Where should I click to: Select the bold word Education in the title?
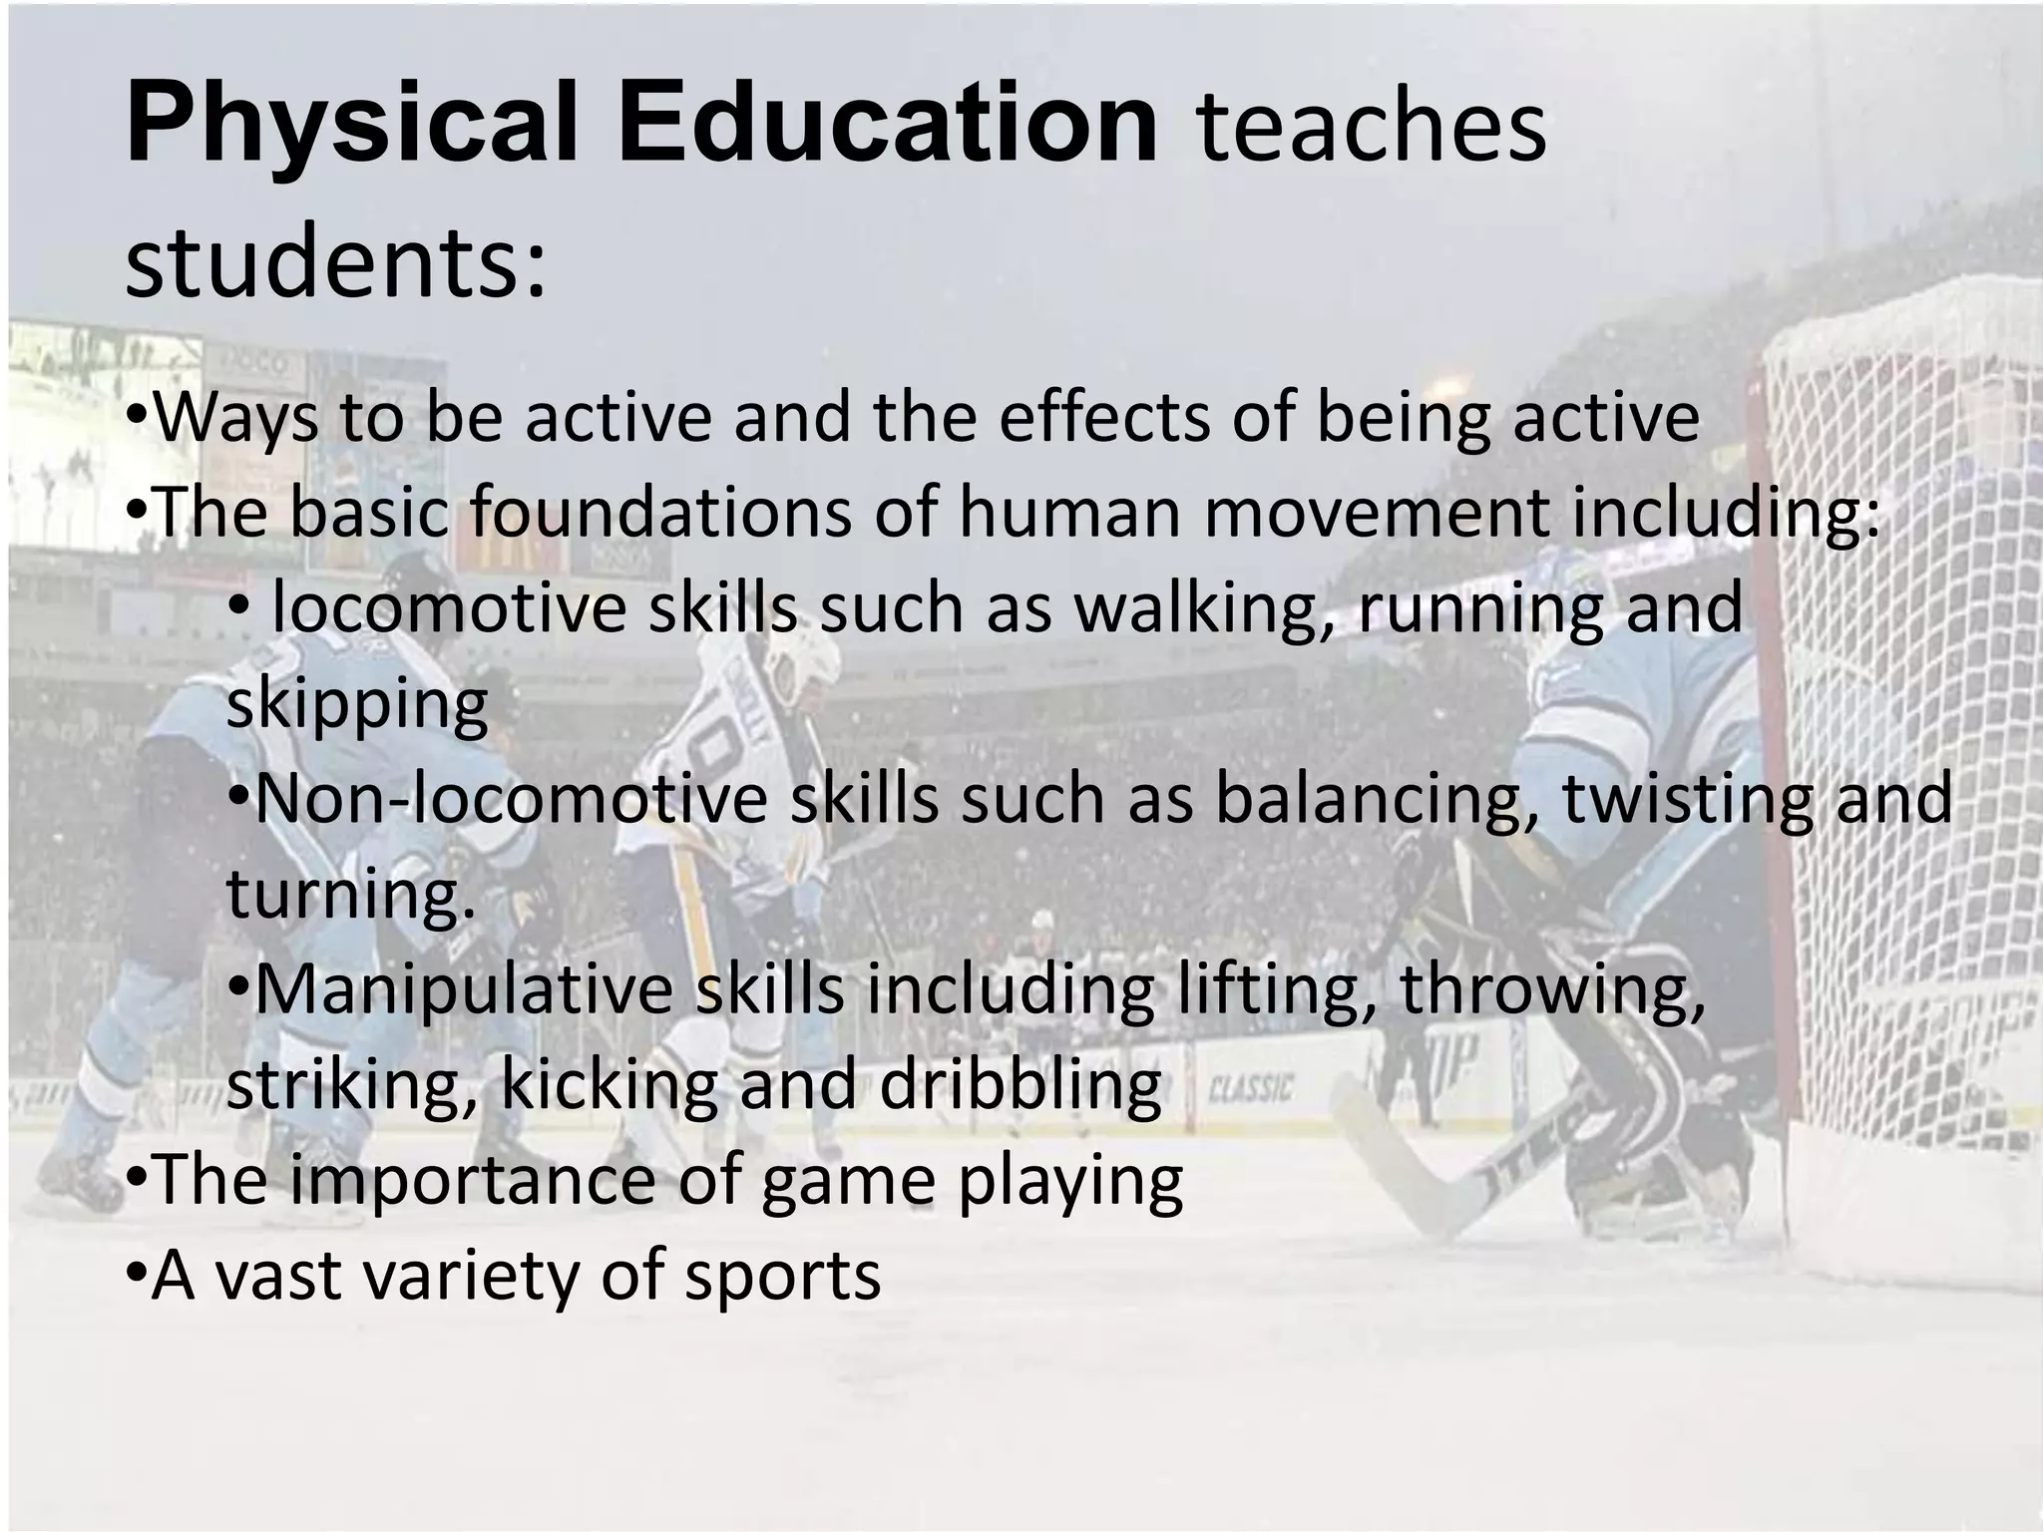tap(888, 125)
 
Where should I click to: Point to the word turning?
tap(350, 895)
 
